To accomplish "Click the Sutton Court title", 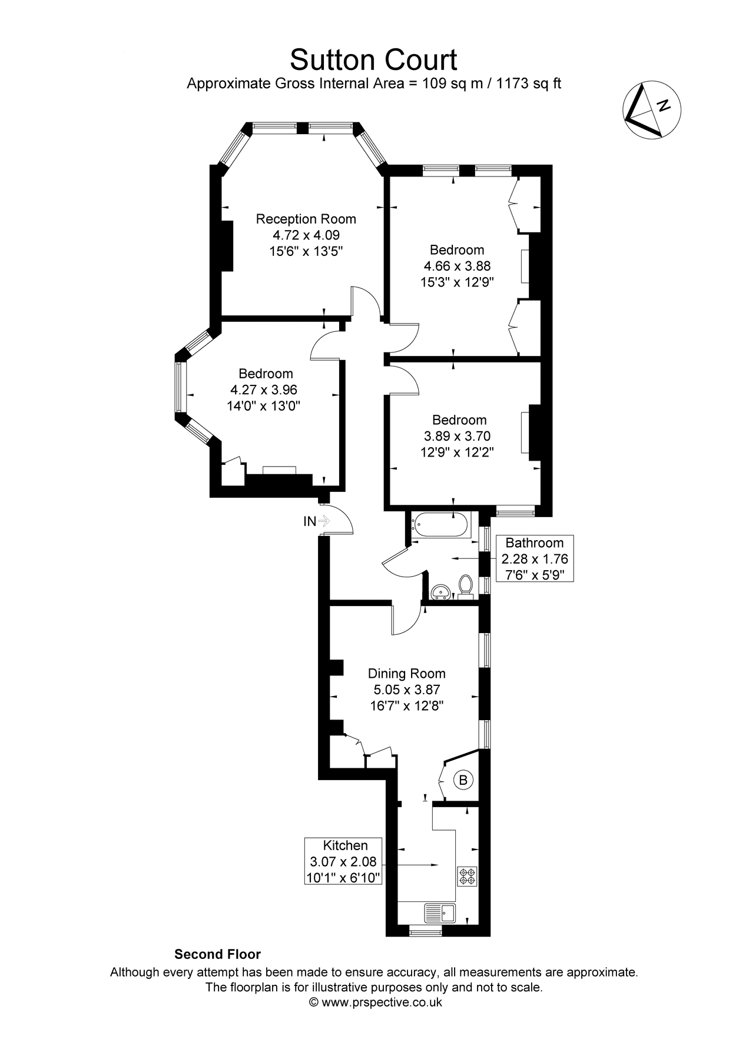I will point(373,59).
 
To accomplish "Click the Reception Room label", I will point(306,219).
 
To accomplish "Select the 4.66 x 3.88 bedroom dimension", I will point(456,266).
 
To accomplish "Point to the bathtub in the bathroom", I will point(441,525).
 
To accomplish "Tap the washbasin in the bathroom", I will point(440,591).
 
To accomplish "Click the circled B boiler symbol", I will point(463,780).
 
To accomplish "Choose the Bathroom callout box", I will point(535,558).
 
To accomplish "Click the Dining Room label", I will point(406,674).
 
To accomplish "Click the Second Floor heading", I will point(217,954).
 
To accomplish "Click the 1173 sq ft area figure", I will point(529,84).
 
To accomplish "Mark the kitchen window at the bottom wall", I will point(425,933).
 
